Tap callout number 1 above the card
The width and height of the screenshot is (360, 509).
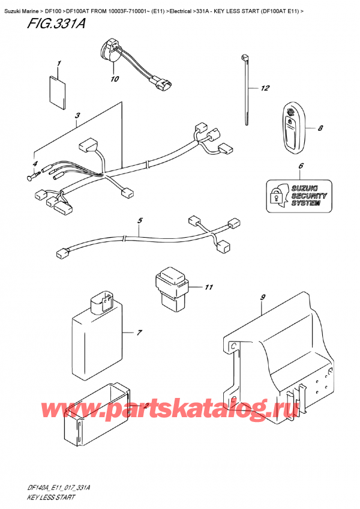(59, 64)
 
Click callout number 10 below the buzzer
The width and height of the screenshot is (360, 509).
(114, 79)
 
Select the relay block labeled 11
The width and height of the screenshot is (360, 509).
(173, 286)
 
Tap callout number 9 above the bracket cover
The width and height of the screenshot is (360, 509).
(262, 297)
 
